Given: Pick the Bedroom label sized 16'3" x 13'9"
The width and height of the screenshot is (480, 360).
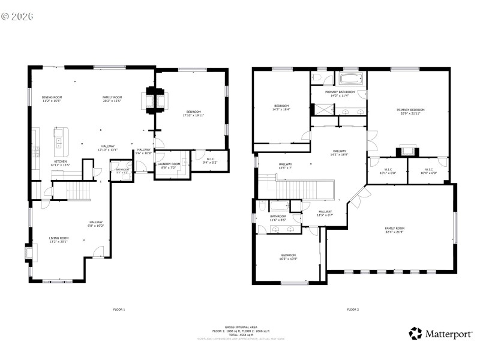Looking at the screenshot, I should coord(289,257).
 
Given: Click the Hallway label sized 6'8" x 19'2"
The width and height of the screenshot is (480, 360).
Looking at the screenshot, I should coord(97,224).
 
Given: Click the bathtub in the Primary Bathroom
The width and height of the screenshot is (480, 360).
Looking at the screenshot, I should coord(348,79).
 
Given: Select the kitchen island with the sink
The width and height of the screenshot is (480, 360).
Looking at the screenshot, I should coord(59,139).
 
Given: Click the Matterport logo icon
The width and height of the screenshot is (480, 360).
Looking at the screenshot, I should coord(415,333).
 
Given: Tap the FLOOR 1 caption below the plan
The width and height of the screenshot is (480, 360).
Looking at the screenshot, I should coord(119,310).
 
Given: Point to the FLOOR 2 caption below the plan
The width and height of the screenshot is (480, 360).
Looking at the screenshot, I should coord(352,310).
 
